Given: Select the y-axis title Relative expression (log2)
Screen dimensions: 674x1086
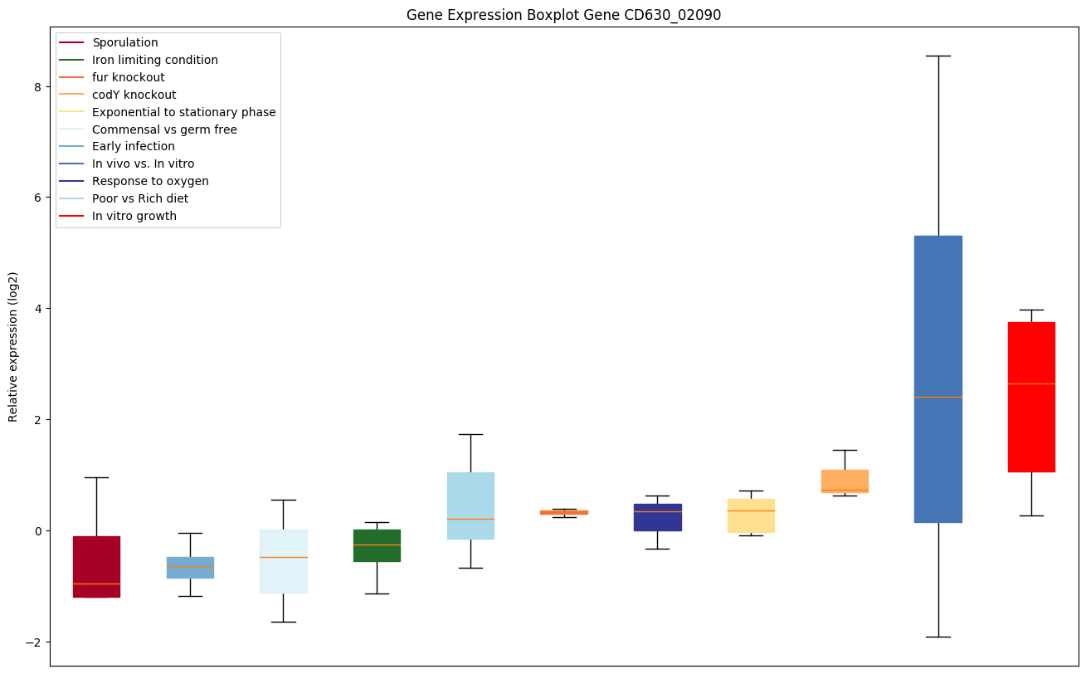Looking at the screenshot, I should click(x=13, y=346).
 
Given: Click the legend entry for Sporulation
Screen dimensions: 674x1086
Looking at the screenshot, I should click(x=125, y=42).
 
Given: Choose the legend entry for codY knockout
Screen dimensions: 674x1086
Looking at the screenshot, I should click(x=134, y=95).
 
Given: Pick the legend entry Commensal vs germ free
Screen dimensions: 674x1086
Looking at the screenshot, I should click(x=164, y=129).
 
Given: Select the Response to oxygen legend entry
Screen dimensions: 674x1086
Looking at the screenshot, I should click(x=150, y=181).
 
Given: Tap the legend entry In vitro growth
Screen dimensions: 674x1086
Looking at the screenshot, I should click(x=134, y=216).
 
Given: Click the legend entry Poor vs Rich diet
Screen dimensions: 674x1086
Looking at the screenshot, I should click(x=140, y=198).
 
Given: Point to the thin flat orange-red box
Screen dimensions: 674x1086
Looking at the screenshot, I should click(x=564, y=512).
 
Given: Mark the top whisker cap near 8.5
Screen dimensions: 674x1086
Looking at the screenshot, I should click(x=937, y=56).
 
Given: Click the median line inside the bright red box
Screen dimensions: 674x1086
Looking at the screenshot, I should click(x=1031, y=383).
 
